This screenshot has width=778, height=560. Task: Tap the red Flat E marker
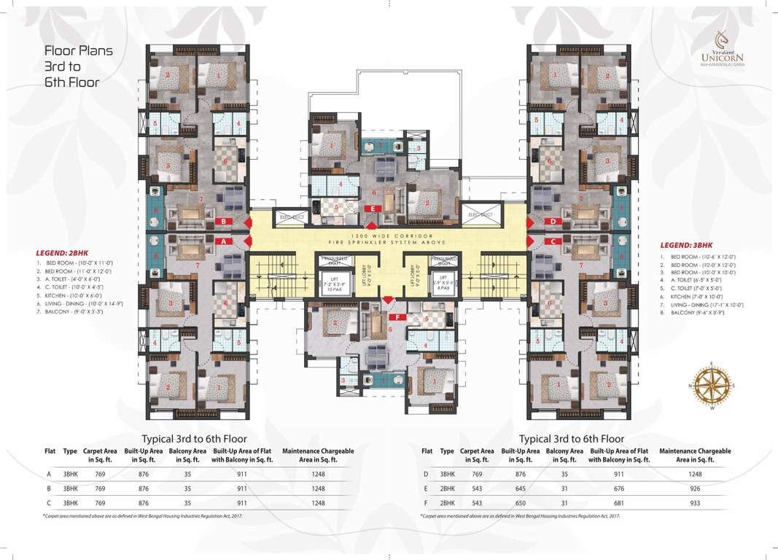click(x=373, y=209)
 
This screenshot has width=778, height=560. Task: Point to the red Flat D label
click(x=553, y=221)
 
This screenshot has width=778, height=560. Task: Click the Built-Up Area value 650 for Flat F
click(x=519, y=503)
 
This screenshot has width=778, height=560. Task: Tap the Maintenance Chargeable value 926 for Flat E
click(x=694, y=489)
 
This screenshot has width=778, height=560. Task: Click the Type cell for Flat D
click(x=447, y=474)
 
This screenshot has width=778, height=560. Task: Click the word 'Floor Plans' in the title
click(x=79, y=51)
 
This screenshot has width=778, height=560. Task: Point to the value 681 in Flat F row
click(x=618, y=503)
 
